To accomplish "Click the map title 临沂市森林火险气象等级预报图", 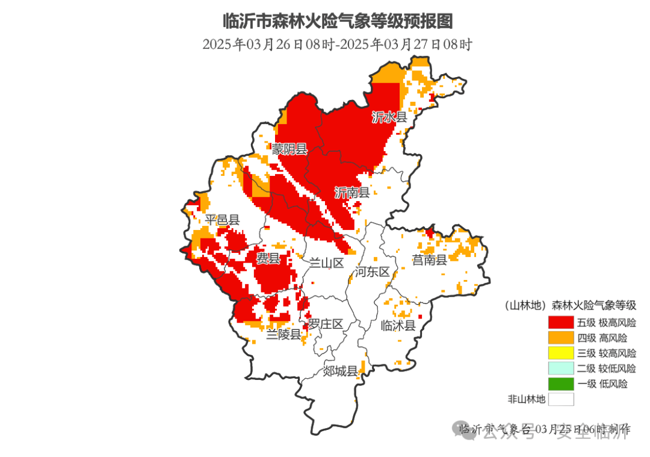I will pos(337,22).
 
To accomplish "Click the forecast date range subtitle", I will pos(337,45).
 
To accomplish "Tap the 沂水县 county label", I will pos(389,117).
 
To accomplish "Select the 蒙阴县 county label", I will pos(289,149).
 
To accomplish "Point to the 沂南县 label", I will pos(351,193).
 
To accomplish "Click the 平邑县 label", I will pos(222,220).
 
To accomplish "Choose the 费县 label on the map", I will pos(268,259).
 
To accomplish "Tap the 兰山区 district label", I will pos(326,263).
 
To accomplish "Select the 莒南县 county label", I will pos(429,260).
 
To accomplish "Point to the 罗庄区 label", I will pos(326,324).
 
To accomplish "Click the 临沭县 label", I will pos(398,326).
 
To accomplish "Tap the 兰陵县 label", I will pos(284,334).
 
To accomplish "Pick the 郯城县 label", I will pos(341,370).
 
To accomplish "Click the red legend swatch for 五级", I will pos(560,323).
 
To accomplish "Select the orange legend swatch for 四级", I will pos(560,338).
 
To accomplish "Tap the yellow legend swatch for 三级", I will pos(560,353).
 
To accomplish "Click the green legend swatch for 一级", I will pos(560,384).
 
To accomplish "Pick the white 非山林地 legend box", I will pos(560,399).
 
